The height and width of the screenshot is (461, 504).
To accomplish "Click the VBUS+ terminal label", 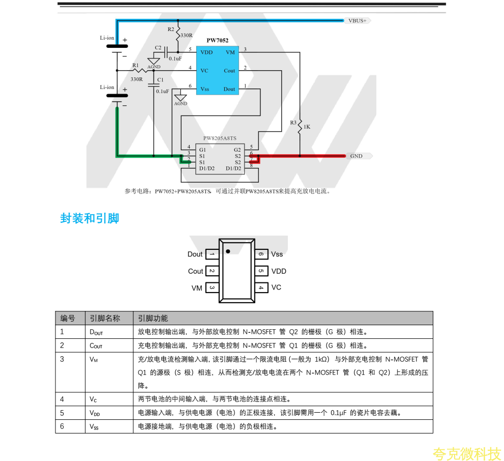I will point(358,21).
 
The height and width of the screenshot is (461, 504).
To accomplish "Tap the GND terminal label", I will point(357,156).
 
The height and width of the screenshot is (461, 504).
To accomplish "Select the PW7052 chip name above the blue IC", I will point(217,41).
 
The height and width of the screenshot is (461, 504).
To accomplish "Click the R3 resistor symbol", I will point(300,124).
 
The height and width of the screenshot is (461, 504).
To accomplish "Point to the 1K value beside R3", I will point(307,127).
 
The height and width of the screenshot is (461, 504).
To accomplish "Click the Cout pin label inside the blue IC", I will point(229,71).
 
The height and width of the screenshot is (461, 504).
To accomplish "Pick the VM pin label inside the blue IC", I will point(230,52).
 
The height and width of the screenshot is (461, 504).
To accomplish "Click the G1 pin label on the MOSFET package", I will point(203,150).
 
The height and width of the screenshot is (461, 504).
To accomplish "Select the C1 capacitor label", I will point(161,80).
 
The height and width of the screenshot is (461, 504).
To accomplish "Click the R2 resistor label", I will point(171,29).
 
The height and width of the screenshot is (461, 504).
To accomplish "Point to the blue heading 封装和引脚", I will point(90,219).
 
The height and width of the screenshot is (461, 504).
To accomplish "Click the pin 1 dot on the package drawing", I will point(228,251).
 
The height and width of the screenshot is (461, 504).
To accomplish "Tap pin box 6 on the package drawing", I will point(261,254).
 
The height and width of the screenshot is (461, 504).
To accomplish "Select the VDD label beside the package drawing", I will point(279,271).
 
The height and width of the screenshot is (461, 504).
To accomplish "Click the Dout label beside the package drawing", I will point(195,254).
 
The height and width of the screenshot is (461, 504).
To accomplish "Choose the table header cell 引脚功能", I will point(153,319).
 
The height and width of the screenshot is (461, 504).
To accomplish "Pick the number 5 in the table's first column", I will point(62,413).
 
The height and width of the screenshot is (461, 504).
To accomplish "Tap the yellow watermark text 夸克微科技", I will point(467,453).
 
